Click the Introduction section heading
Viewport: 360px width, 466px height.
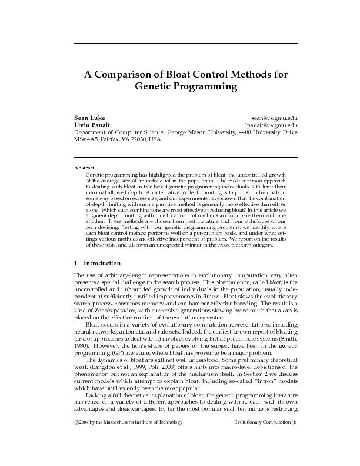102,263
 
